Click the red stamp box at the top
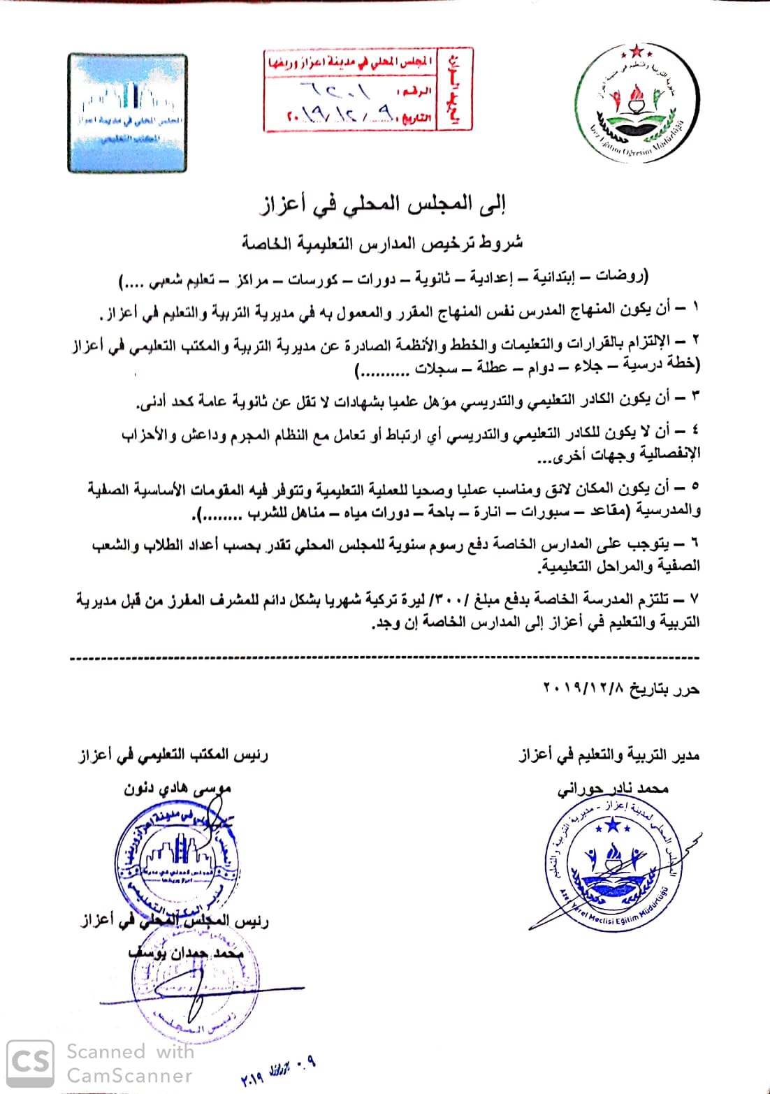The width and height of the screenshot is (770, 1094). [x=368, y=89]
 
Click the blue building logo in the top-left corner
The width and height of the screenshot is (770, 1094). [x=127, y=113]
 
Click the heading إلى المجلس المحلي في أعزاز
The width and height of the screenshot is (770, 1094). [x=382, y=203]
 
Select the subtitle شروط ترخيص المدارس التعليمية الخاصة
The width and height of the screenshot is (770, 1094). [x=382, y=242]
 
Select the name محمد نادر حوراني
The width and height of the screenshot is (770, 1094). [x=613, y=789]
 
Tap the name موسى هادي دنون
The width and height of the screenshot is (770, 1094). [x=177, y=789]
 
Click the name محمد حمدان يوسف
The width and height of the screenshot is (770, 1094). [x=186, y=953]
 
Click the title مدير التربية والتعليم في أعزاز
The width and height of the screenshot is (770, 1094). [x=609, y=755]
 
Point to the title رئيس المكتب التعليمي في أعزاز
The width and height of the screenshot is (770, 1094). [x=173, y=755]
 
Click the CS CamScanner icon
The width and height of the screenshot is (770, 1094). [x=30, y=1063]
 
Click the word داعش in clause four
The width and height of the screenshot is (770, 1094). [x=203, y=435]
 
